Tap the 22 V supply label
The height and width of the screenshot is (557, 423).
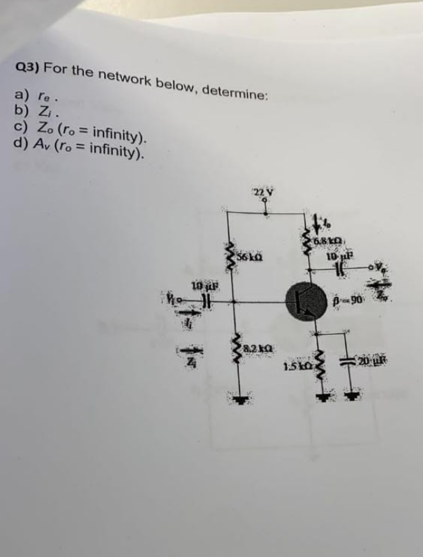[261, 193]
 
